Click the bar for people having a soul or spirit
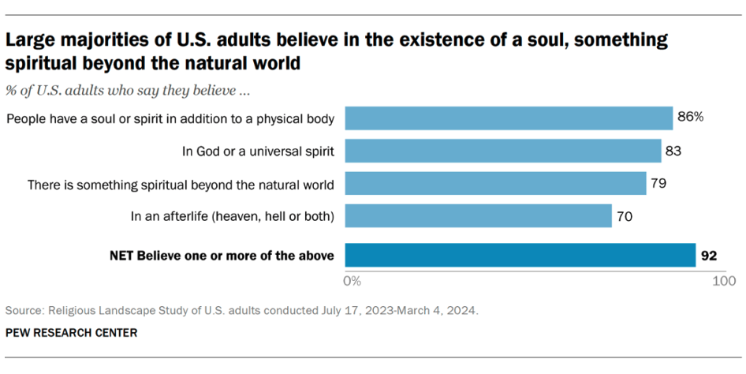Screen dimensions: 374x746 509,118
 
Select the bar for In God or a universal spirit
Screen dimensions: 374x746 503,151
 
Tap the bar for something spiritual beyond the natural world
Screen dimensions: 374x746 496,184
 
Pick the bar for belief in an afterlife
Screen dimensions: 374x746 479,216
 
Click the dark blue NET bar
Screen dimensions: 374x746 520,255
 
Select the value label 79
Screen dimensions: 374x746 658,184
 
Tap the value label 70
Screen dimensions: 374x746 625,216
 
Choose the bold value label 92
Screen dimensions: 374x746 711,255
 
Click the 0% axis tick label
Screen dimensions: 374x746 352,280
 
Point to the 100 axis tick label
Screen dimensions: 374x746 724,280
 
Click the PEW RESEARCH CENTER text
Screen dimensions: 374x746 71,333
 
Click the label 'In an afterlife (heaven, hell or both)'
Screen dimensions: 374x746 233,216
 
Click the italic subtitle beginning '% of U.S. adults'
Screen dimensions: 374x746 129,91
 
